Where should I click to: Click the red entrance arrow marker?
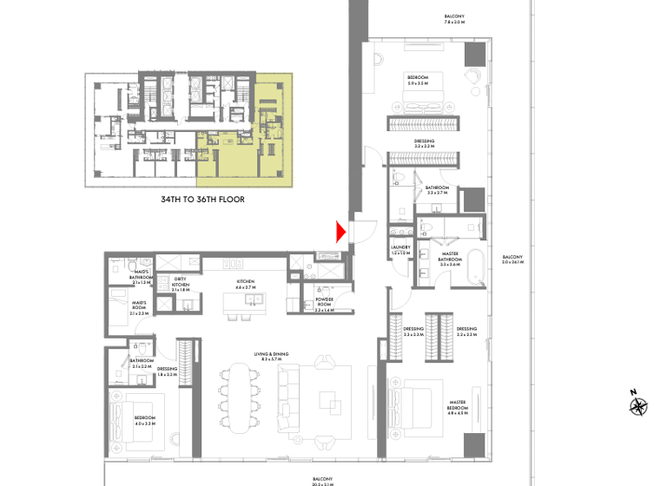[341, 232]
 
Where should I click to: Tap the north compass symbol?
[639, 405]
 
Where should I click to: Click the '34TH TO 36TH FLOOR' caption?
[202, 200]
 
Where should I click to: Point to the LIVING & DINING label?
[269, 356]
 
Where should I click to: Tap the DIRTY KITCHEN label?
[181, 284]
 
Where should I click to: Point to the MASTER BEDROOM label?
[458, 405]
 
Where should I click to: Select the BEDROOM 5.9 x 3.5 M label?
[418, 81]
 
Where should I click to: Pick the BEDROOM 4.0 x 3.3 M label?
[143, 420]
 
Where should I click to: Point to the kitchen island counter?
[248, 300]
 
